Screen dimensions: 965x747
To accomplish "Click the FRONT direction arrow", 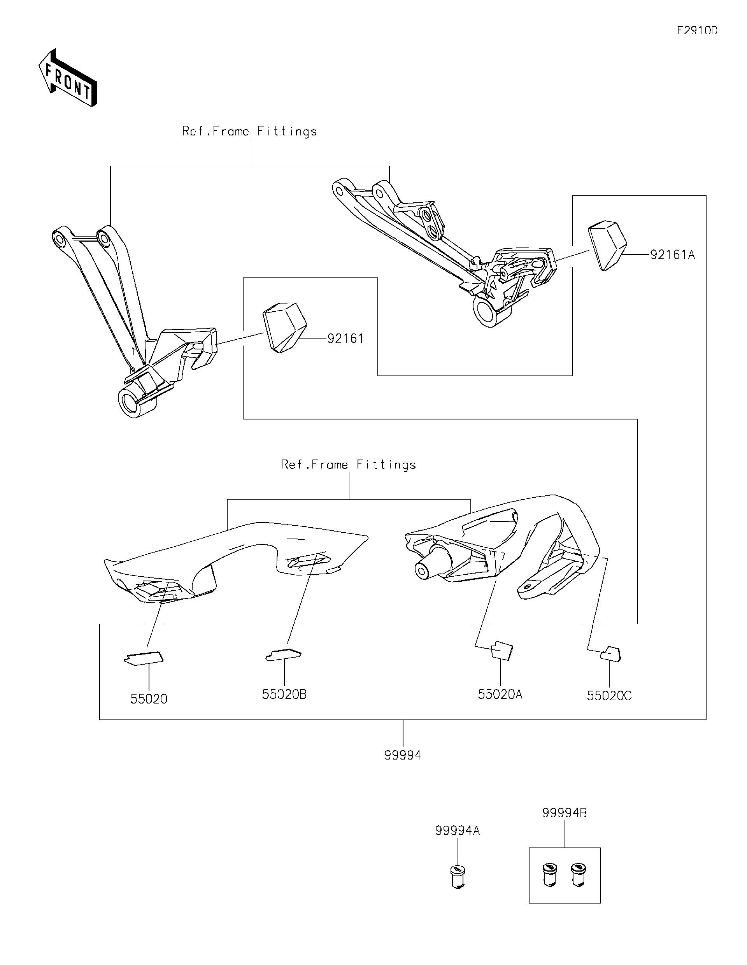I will (x=67, y=78).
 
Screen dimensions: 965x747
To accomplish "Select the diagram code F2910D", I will (x=697, y=30).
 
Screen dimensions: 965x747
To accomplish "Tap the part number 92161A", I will (x=672, y=255).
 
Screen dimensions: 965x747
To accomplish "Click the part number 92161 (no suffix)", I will (x=345, y=339).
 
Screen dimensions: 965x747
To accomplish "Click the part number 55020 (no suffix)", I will (x=149, y=698).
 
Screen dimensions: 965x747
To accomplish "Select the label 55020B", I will (x=284, y=694).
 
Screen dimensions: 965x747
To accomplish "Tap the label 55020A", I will (x=500, y=694).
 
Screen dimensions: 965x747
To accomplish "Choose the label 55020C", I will (x=609, y=695).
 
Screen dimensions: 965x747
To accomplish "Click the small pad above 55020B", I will (x=284, y=654).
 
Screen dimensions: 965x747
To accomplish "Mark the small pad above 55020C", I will (x=611, y=654).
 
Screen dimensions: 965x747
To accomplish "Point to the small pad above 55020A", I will (x=502, y=650).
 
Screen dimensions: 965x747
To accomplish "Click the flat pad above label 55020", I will (x=143, y=658).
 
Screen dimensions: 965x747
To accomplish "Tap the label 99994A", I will (x=457, y=831).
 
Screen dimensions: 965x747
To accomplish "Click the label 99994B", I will (x=565, y=812).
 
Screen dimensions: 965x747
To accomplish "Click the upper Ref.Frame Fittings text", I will (x=250, y=132).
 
